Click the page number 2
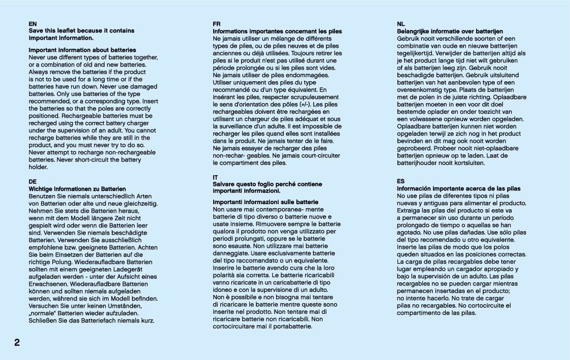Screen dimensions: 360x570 click(x=17, y=342)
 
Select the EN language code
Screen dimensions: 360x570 click(x=32, y=24)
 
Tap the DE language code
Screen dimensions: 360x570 click(x=32, y=181)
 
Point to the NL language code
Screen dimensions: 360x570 click(x=401, y=24)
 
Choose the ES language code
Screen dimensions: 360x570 click(x=401, y=181)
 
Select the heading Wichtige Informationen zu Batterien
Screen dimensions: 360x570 click(x=77, y=189)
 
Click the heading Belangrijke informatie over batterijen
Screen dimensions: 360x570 click(x=450, y=31)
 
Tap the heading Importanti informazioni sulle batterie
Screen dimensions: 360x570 click(x=265, y=202)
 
